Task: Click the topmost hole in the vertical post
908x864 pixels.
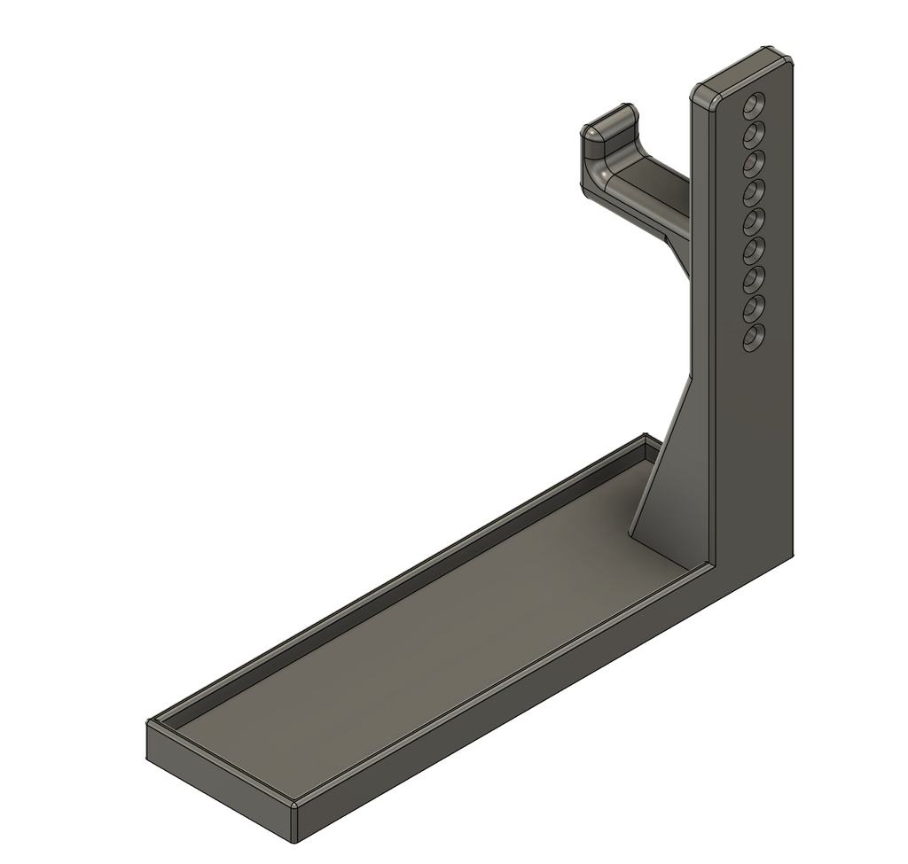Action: point(755,105)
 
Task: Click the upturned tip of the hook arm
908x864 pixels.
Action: point(607,124)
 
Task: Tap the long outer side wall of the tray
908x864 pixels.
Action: point(532,700)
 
